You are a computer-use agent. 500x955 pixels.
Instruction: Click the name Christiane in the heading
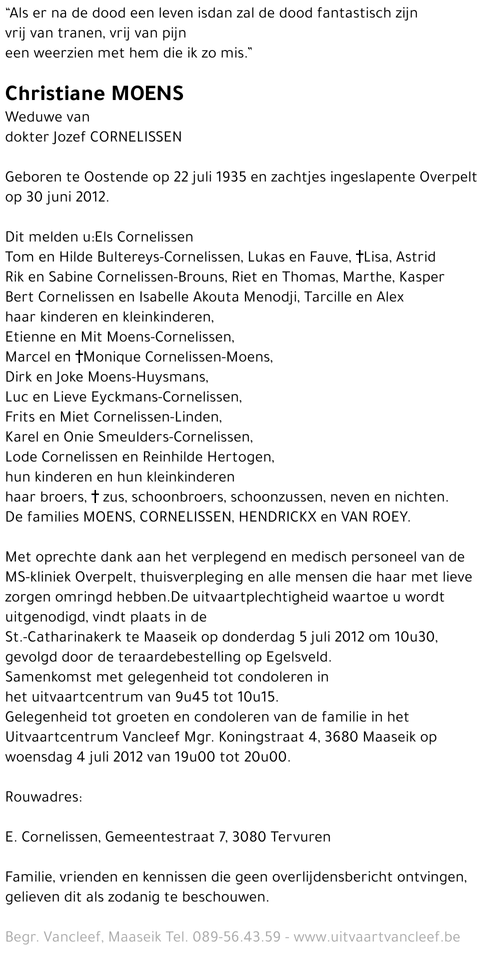55,93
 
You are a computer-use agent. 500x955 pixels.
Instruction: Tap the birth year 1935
230,177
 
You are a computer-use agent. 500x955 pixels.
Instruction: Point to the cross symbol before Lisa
359,257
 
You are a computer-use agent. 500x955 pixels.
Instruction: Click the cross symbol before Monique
78,357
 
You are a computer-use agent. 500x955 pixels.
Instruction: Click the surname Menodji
271,297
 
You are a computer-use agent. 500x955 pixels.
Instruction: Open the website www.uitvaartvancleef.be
376,937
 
